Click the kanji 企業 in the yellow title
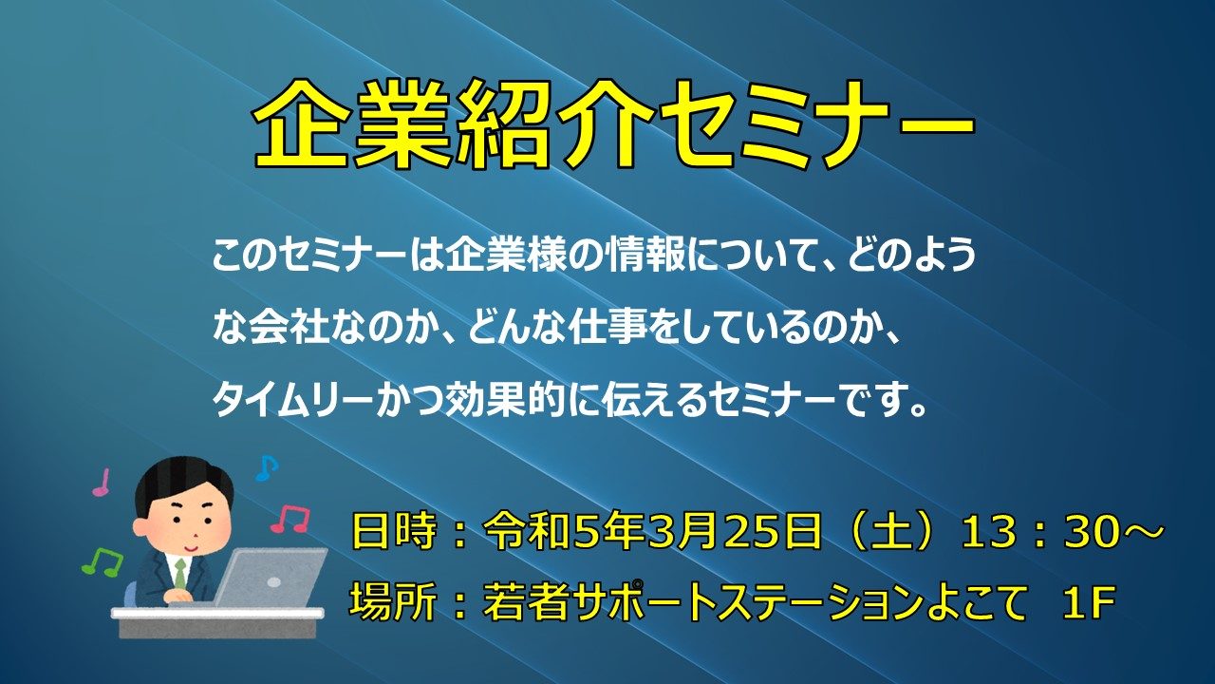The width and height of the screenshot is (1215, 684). pyautogui.click(x=352, y=124)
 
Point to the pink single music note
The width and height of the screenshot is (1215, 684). pyautogui.click(x=102, y=482)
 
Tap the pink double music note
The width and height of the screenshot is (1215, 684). pyautogui.click(x=290, y=520)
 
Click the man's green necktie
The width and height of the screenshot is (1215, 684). pyautogui.click(x=179, y=573)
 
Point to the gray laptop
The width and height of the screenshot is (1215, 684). pyautogui.click(x=269, y=579)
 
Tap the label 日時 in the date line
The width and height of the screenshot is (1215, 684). pyautogui.click(x=394, y=531)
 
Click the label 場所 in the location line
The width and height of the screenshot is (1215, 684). pyautogui.click(x=394, y=601)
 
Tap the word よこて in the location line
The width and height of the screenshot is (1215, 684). pyautogui.click(x=971, y=601)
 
